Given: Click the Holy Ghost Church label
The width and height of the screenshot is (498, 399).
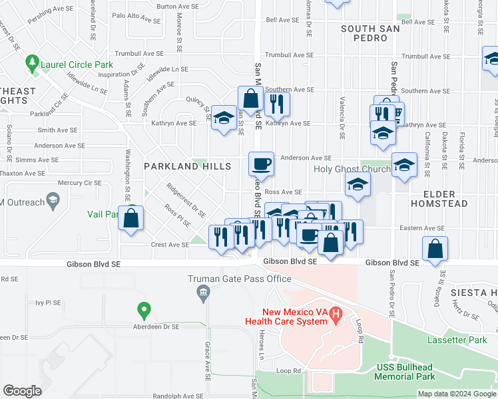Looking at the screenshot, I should coord(352,170).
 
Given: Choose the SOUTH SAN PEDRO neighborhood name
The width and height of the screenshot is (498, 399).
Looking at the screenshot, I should coord(370,33).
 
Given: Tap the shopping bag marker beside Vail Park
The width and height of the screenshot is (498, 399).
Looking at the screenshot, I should coord(132,218).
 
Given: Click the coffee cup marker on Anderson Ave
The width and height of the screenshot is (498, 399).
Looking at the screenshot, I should coord(261,163).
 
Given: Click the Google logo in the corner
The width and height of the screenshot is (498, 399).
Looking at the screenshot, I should coord(23,391).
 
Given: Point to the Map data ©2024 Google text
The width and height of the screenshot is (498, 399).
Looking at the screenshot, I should coord(457,394).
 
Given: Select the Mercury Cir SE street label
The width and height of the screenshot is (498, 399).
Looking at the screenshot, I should coord(79,183).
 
